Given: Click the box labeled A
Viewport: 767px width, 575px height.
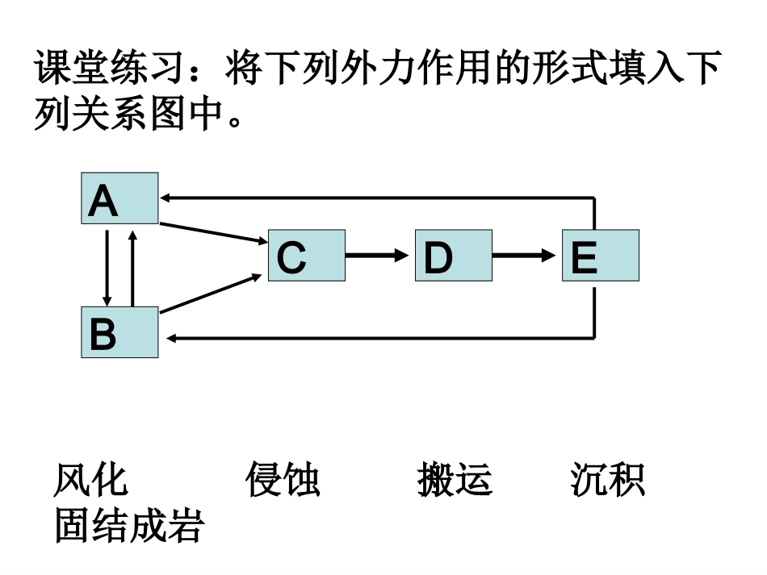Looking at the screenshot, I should pos(119,198).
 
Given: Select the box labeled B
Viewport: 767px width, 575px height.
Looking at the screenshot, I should pos(119,332).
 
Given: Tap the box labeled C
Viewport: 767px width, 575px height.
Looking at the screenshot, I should pos(306,256).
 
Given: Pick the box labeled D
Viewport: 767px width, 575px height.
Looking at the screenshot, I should pos(453,256).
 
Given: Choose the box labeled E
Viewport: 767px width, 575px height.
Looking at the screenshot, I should pos(600,256).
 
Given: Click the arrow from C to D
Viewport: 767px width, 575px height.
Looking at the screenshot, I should pos(379,256).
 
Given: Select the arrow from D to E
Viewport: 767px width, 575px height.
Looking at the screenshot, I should pos(526,256).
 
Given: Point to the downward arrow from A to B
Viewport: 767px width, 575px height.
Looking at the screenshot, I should pos(107,265).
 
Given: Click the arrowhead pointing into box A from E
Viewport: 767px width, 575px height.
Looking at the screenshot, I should pos(166,197).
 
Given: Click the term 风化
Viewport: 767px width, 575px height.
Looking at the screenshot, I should pos(90,481).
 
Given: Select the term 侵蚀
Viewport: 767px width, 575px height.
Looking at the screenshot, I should pos(283,481).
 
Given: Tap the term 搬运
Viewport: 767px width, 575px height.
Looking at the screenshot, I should pos(455,481).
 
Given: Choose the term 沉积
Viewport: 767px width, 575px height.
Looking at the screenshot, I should pos(607,481).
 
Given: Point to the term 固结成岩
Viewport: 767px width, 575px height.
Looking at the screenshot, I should pos(129,527).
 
